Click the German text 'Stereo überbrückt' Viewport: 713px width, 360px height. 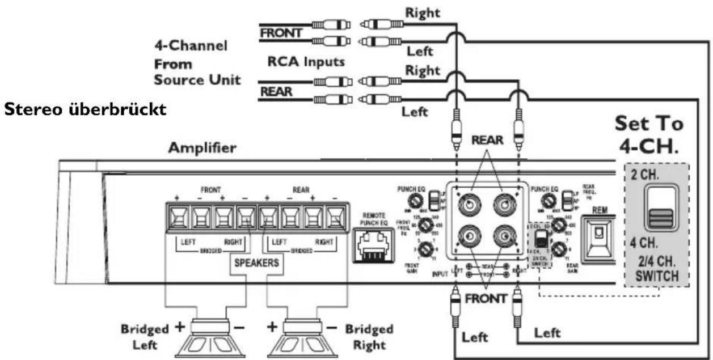[x=86, y=109]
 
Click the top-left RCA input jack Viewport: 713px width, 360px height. [x=469, y=203]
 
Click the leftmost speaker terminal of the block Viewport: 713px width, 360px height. [x=176, y=217]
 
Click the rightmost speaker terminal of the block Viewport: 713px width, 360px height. [x=335, y=217]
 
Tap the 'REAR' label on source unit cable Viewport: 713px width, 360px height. [x=276, y=91]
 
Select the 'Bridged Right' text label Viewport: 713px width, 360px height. [x=370, y=337]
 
